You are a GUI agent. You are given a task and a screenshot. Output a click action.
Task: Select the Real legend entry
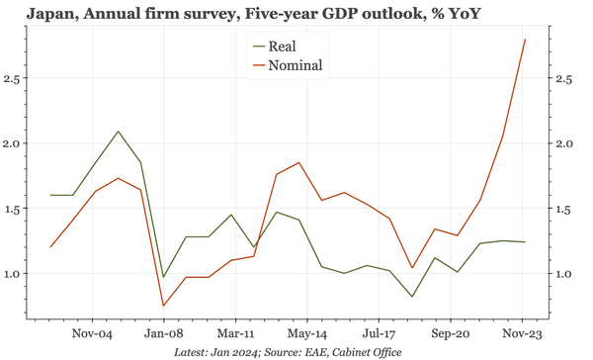pyautogui.click(x=282, y=45)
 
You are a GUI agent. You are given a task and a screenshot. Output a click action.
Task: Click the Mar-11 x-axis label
pyautogui.click(x=235, y=334)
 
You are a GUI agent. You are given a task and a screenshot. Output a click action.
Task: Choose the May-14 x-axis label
pyautogui.click(x=306, y=334)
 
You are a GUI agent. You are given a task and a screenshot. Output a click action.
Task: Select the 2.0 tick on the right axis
pyautogui.click(x=560, y=143)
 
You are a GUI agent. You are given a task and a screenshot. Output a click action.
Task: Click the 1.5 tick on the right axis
pyautogui.click(x=560, y=209)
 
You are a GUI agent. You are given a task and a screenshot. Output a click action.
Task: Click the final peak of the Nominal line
pyautogui.click(x=525, y=40)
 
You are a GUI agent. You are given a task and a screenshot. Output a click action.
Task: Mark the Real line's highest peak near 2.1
pyautogui.click(x=119, y=132)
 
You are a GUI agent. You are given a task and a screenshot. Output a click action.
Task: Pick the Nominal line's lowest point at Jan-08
pyautogui.click(x=164, y=306)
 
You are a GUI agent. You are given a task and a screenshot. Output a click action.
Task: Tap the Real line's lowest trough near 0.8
pyautogui.click(x=412, y=297)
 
